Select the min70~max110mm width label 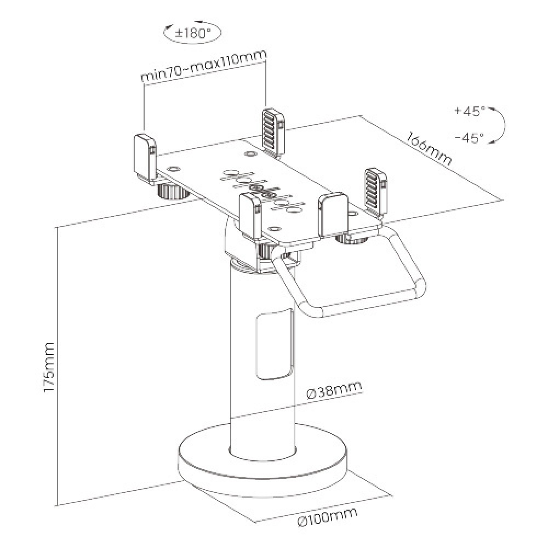click(x=203, y=65)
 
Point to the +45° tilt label click(x=470, y=111)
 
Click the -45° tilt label click(x=470, y=137)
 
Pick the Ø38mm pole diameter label click(x=334, y=391)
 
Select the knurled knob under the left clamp click(x=170, y=191)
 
